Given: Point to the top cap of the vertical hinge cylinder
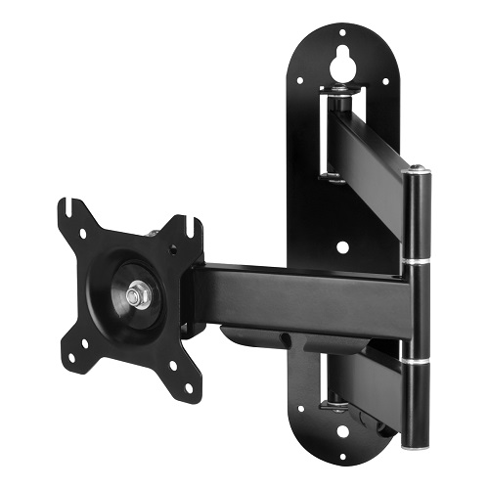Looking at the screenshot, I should tap(418, 172).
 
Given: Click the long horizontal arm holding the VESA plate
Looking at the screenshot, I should tap(293, 293).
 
